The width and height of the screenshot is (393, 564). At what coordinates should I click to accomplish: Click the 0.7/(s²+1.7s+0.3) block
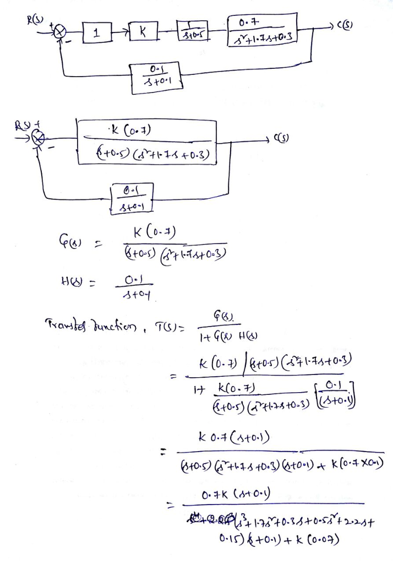[262, 31]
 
